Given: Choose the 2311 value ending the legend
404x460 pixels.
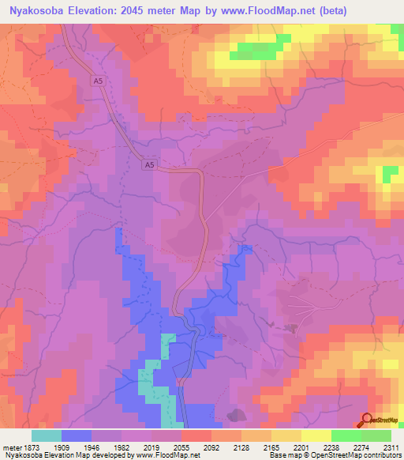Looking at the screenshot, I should tap(390, 447).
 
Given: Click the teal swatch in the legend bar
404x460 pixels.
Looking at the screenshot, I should tap(47, 435).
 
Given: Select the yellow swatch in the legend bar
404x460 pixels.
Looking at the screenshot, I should tap(316, 435).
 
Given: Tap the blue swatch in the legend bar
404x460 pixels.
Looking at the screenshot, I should tap(77, 435).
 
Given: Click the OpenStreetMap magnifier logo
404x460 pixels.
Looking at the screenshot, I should tap(368, 420).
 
